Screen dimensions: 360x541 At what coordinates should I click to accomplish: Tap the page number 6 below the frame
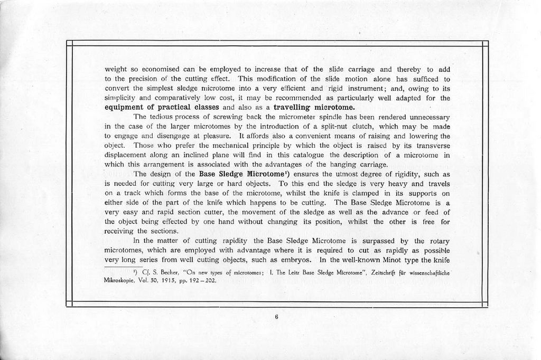pyautogui.click(x=276, y=317)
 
